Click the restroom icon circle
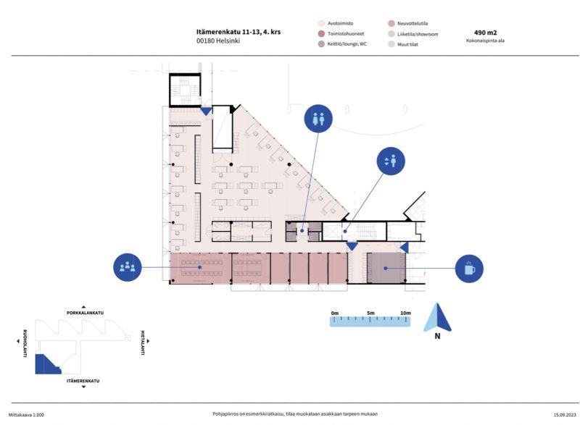point(318,119)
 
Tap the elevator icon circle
point(391,161)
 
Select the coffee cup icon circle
point(469,269)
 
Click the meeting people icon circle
point(128,267)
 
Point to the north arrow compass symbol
point(437,318)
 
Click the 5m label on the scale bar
point(370,313)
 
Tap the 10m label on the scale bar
point(405,313)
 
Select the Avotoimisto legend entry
point(336,23)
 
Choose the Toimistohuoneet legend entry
point(341,33)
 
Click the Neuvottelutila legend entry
point(408,23)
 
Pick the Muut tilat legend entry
point(403,44)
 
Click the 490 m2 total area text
point(485,33)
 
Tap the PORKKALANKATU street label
point(85,313)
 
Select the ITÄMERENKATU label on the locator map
point(83,381)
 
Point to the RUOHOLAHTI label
point(25,343)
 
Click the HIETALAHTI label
point(142,342)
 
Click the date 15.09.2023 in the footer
point(565,415)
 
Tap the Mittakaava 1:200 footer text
point(26,415)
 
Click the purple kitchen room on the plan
point(386,268)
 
